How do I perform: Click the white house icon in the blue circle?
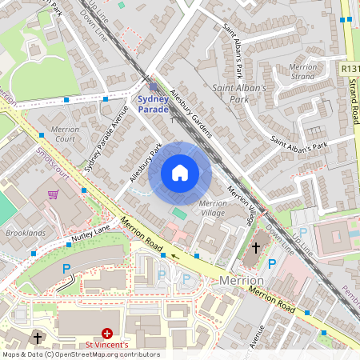180,172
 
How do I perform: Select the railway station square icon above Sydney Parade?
154,86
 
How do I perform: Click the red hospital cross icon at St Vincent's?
107,333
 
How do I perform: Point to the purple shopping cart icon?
53,194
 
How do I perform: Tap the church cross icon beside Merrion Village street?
256,248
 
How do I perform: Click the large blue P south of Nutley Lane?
67,269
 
